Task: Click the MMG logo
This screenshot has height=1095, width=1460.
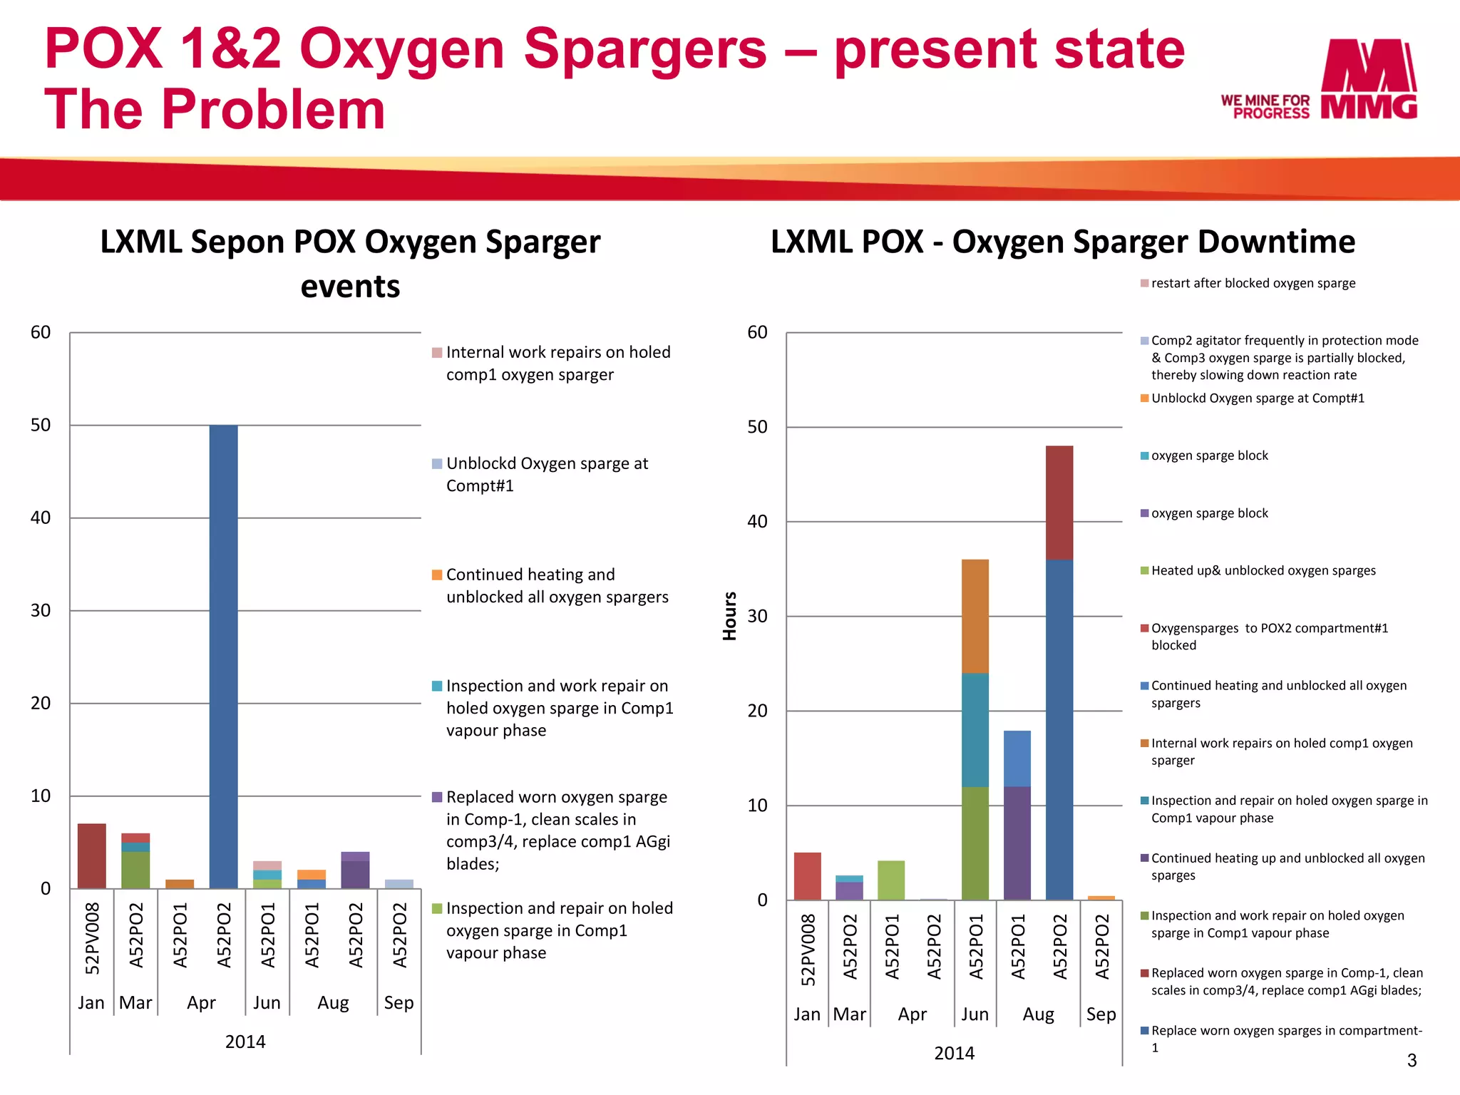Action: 1368,79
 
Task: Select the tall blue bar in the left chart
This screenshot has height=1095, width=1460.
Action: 223,656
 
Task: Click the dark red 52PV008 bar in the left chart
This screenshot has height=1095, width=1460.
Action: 92,855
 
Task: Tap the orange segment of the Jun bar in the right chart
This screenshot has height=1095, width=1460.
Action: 975,616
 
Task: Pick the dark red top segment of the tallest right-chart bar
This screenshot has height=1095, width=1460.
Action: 1059,503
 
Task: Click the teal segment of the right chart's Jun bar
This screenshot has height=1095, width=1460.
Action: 975,729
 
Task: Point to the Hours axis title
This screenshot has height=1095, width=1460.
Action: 729,616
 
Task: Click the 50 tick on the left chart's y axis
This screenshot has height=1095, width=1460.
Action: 41,426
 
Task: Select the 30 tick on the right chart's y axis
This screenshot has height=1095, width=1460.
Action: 757,616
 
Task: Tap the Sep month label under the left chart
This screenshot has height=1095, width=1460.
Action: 399,1002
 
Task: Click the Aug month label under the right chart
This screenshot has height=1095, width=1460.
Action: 1038,1014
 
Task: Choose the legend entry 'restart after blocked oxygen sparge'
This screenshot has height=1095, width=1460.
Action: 1253,283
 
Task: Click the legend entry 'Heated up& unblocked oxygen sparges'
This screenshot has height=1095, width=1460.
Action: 1263,570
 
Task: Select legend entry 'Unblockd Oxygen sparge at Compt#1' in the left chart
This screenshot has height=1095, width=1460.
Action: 547,474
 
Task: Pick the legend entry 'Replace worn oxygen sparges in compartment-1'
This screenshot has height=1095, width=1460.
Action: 1285,1038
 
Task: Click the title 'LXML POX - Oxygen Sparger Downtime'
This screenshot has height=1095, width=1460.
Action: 1062,242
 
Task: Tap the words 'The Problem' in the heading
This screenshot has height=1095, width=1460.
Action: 215,109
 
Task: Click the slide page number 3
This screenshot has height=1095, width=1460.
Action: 1411,1060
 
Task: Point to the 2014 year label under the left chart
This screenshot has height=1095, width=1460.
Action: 245,1042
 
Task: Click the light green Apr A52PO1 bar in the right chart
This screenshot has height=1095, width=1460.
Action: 891,880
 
